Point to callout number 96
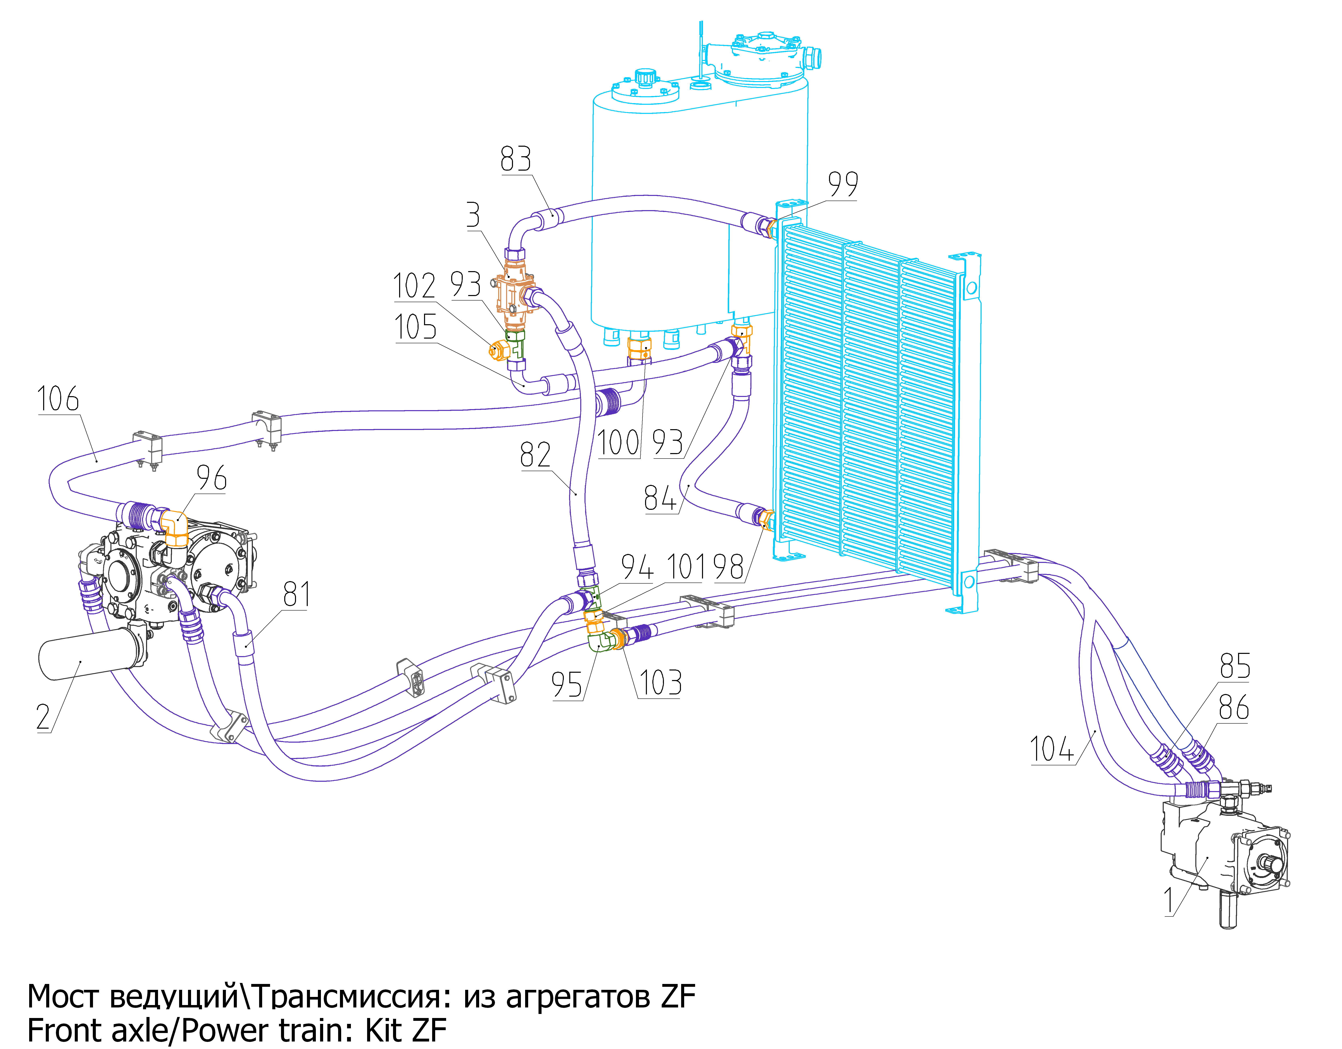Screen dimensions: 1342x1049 (x=211, y=477)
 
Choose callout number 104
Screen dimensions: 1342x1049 (x=1052, y=749)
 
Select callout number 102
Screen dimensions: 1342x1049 (x=414, y=286)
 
